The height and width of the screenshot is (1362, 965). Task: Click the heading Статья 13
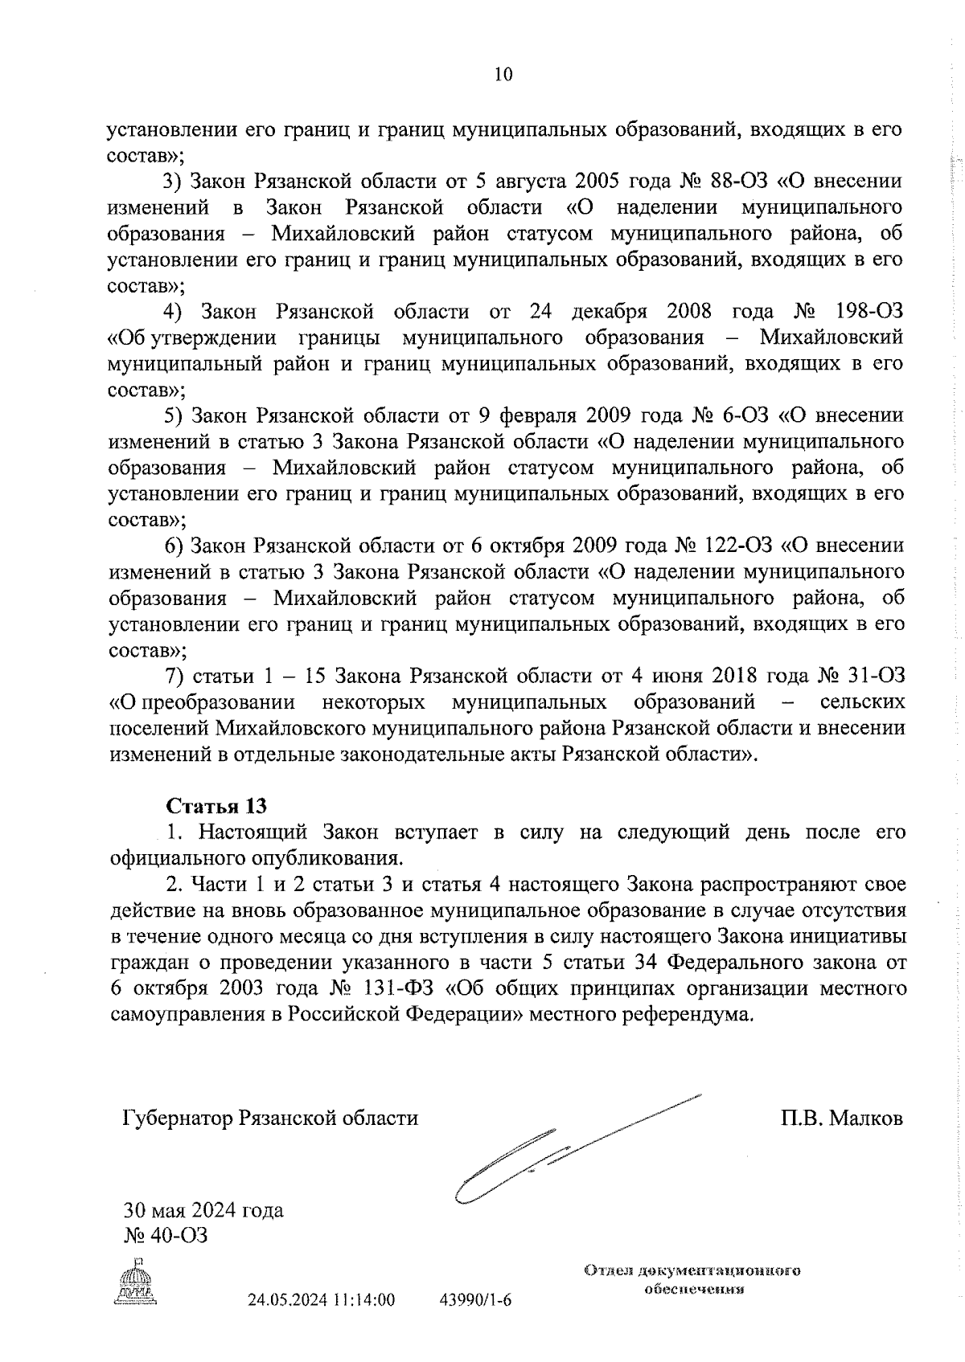click(216, 806)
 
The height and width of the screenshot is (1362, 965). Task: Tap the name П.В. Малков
click(840, 1119)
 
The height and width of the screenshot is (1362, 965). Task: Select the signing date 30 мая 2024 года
click(203, 1210)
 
